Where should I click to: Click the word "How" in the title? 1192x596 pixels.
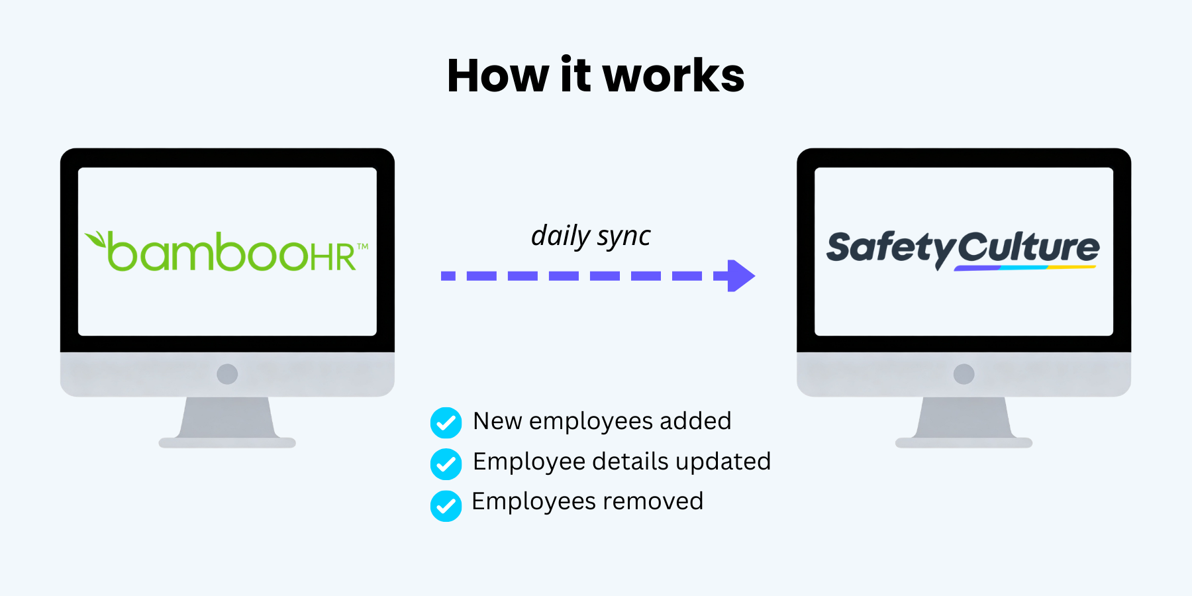tap(497, 75)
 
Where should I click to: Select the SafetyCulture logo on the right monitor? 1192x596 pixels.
tap(963, 249)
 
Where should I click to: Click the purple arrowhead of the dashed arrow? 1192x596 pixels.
tap(741, 275)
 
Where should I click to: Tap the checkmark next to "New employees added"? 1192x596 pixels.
tap(446, 422)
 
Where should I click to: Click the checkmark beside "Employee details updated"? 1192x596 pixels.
tap(446, 464)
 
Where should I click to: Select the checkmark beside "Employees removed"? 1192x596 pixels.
tap(446, 505)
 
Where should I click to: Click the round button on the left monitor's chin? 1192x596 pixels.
tap(227, 374)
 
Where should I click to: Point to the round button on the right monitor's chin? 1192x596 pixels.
tap(964, 374)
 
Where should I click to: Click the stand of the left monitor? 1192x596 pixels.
tap(227, 421)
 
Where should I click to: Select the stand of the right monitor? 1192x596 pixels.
tap(964, 421)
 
